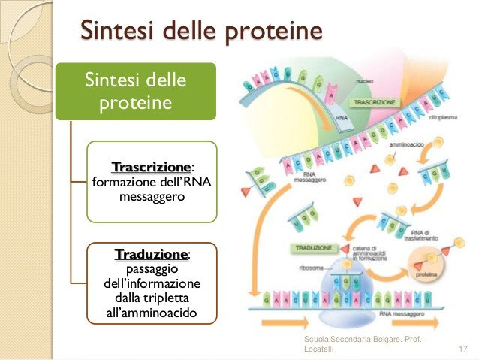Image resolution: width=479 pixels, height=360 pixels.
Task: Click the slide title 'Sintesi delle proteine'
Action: click(x=200, y=31)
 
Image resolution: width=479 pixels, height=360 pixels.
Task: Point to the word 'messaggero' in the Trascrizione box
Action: click(x=152, y=196)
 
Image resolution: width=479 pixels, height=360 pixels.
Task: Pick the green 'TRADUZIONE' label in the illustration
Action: click(x=310, y=248)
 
